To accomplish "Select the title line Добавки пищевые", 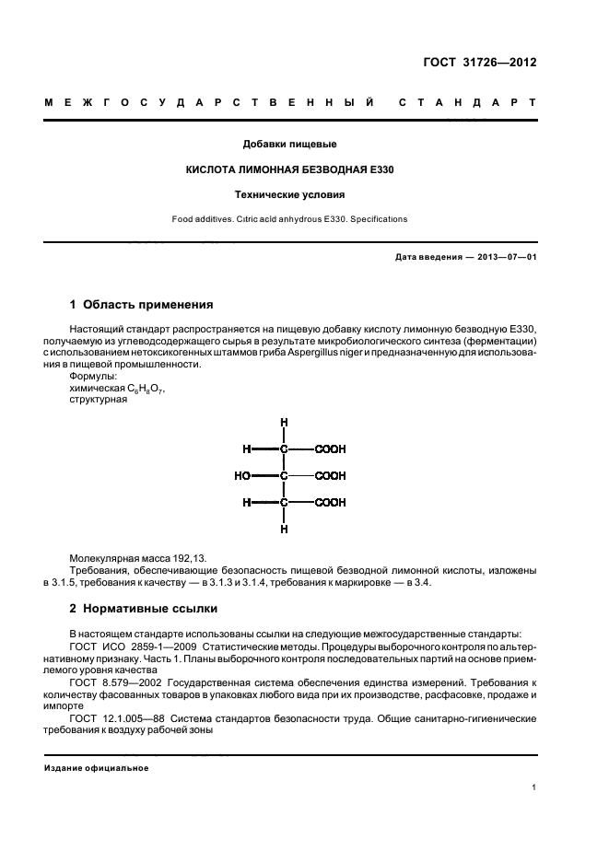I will point(288,144).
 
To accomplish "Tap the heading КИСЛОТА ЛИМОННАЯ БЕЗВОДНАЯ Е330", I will point(289,169).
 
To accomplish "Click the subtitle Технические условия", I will point(289,195).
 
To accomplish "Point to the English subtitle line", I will point(289,219).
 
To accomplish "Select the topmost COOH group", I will point(330,449).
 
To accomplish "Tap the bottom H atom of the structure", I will point(285,530).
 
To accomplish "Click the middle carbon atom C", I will point(285,476).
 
